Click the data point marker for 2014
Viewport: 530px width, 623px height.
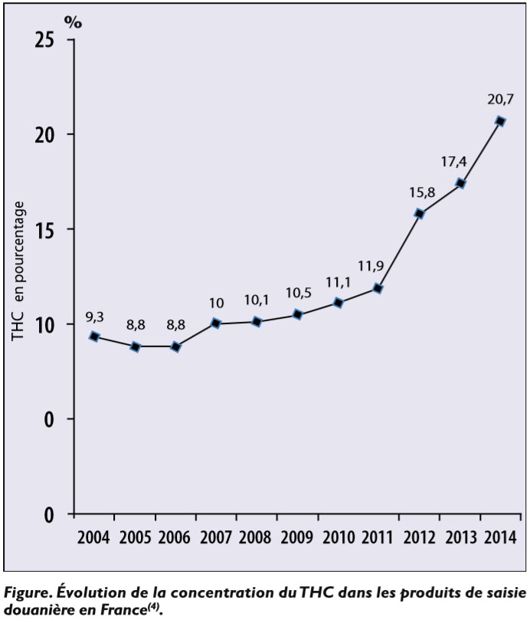(x=499, y=121)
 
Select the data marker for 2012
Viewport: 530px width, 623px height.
(x=419, y=214)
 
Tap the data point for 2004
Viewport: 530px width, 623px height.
(x=94, y=336)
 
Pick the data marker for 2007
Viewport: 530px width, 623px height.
(x=216, y=323)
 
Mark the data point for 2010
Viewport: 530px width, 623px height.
(x=338, y=303)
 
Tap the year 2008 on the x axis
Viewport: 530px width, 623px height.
(x=257, y=536)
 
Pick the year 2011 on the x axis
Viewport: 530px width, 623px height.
(x=378, y=536)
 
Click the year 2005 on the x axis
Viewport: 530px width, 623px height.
(x=135, y=536)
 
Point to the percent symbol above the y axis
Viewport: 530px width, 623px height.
(x=73, y=21)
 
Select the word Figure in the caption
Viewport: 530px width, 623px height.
(x=28, y=591)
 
